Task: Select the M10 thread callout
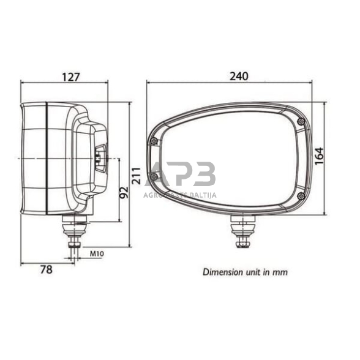(x=96, y=252)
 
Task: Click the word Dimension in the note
(x=222, y=271)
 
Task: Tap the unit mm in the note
(x=280, y=271)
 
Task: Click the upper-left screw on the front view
(x=154, y=141)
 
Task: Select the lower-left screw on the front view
(x=154, y=178)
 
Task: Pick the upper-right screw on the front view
(x=301, y=122)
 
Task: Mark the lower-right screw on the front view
(x=300, y=195)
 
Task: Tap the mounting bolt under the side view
(x=75, y=233)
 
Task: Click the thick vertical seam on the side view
(x=47, y=158)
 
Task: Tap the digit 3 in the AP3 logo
(x=204, y=175)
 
